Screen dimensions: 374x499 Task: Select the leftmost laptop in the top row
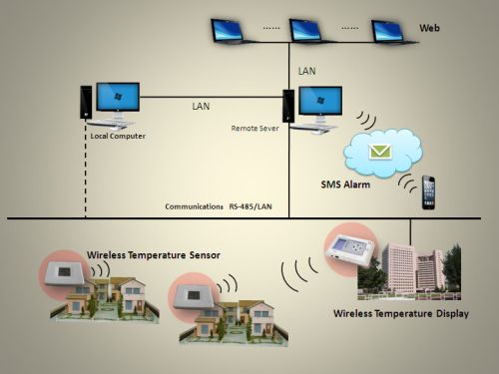click(x=232, y=31)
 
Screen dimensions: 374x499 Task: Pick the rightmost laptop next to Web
click(x=391, y=31)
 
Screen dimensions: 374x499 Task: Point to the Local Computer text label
click(x=105, y=135)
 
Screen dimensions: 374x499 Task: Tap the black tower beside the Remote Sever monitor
click(x=288, y=108)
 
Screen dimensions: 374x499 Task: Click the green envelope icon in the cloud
click(x=379, y=153)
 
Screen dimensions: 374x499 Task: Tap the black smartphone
click(x=429, y=191)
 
